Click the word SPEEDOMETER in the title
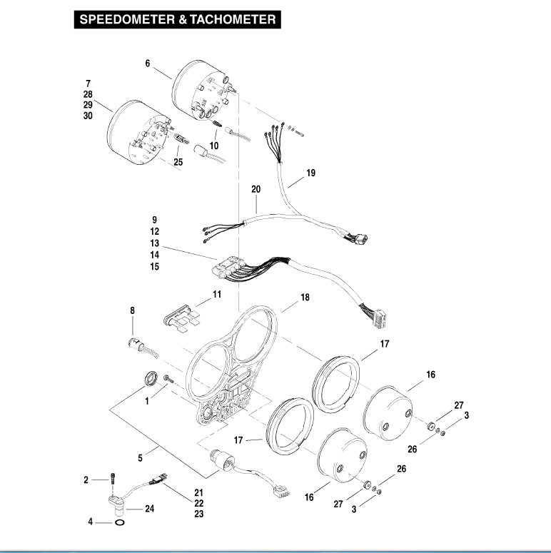[x=122, y=20]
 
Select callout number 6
[x=148, y=64]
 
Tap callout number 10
[x=214, y=146]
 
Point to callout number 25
[x=178, y=162]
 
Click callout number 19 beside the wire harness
[x=310, y=173]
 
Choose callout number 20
[x=256, y=189]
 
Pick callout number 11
[x=217, y=294]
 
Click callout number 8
[x=132, y=310]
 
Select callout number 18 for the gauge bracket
[x=305, y=297]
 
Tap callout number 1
[x=147, y=401]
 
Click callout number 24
[x=150, y=509]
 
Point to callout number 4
[x=90, y=522]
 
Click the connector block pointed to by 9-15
[x=229, y=271]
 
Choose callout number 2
[x=86, y=480]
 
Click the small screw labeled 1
[x=168, y=377]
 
